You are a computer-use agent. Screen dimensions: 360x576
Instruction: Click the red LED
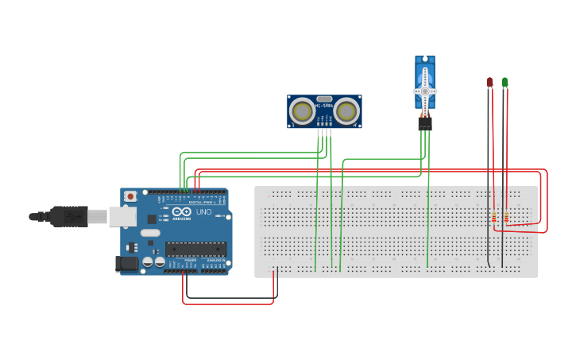coord(489,82)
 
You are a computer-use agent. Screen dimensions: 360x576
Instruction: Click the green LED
coord(504,82)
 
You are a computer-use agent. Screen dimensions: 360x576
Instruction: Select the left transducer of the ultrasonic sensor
coord(302,110)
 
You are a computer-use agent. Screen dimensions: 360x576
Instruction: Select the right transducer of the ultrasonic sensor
coord(346,110)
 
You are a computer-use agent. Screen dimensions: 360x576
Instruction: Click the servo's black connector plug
coord(426,123)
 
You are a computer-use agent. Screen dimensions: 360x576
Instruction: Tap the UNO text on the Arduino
coord(203,212)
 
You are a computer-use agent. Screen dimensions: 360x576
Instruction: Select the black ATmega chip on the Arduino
coord(195,248)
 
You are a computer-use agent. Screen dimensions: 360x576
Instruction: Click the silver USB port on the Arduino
coord(122,215)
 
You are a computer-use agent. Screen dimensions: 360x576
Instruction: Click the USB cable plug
coord(72,215)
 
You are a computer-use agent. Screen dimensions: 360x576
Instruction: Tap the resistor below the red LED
coord(494,217)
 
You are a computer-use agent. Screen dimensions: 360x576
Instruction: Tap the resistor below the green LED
coord(507,217)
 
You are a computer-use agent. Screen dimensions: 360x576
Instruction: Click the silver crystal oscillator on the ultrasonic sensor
coord(324,99)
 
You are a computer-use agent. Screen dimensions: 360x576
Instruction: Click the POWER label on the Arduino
coord(191,260)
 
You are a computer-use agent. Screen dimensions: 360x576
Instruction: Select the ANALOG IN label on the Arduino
coord(215,260)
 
